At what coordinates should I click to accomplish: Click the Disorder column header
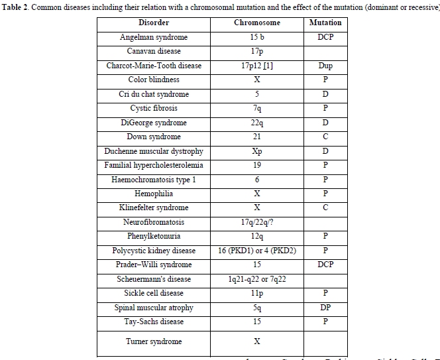tap(154, 23)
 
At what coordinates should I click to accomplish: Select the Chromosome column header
tap(257, 23)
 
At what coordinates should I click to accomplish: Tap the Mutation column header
tap(325, 23)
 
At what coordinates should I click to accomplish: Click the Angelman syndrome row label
tap(154, 37)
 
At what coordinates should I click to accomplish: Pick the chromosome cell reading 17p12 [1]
tap(257, 66)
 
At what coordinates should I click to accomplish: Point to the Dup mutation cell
tap(325, 66)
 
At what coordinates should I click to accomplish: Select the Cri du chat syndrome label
tap(154, 94)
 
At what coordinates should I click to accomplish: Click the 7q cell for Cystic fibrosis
tap(257, 108)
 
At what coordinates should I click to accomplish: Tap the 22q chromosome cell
tap(257, 123)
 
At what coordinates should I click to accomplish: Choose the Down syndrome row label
tap(154, 137)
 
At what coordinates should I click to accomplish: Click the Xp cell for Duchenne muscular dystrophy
tap(257, 151)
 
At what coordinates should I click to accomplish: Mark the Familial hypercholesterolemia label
tap(154, 165)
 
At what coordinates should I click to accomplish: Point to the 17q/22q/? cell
tap(257, 222)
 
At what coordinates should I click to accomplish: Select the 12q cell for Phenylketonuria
tap(257, 236)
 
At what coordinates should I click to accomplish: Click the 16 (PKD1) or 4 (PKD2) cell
tap(257, 251)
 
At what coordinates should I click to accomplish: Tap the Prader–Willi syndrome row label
tap(154, 265)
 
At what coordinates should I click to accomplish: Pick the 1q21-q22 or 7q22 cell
tap(257, 279)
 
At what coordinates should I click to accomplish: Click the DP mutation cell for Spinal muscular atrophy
tap(325, 308)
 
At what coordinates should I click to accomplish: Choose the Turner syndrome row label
tap(154, 341)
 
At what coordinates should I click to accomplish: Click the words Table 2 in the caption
tap(15, 7)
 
